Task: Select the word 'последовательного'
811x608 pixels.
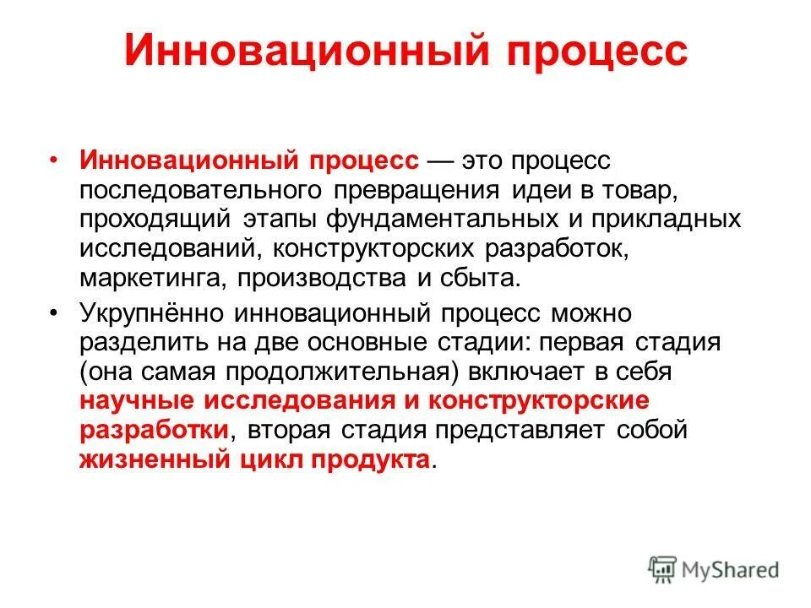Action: [x=193, y=190]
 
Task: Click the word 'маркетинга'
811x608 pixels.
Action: [x=154, y=279]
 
